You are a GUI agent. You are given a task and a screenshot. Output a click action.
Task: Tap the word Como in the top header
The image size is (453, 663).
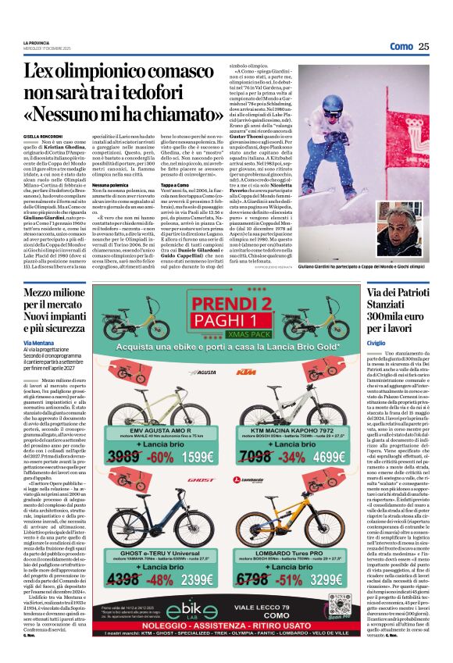[x=401, y=46]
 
